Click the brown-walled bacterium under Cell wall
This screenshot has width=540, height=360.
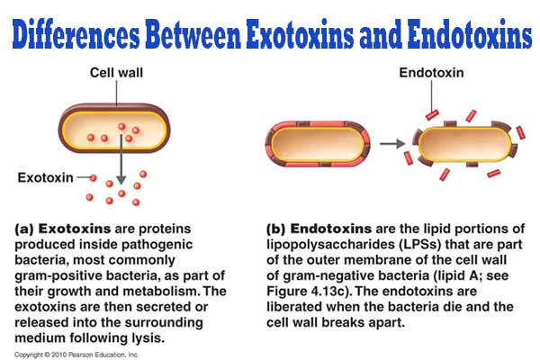click(x=114, y=129)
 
